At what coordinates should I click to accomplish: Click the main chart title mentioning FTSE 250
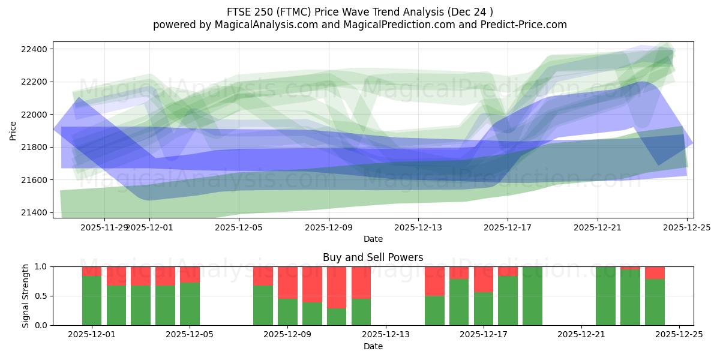360,12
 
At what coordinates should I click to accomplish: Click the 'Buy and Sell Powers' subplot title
373,257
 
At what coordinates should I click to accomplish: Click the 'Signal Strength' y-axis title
25,296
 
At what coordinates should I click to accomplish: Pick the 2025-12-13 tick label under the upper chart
418,227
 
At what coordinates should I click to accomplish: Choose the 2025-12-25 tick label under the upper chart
687,227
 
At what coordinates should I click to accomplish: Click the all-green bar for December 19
532,296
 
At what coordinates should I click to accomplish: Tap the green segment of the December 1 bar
92,301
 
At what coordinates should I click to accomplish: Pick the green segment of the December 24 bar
655,302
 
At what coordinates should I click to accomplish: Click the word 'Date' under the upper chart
373,239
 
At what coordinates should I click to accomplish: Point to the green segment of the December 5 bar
190,304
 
